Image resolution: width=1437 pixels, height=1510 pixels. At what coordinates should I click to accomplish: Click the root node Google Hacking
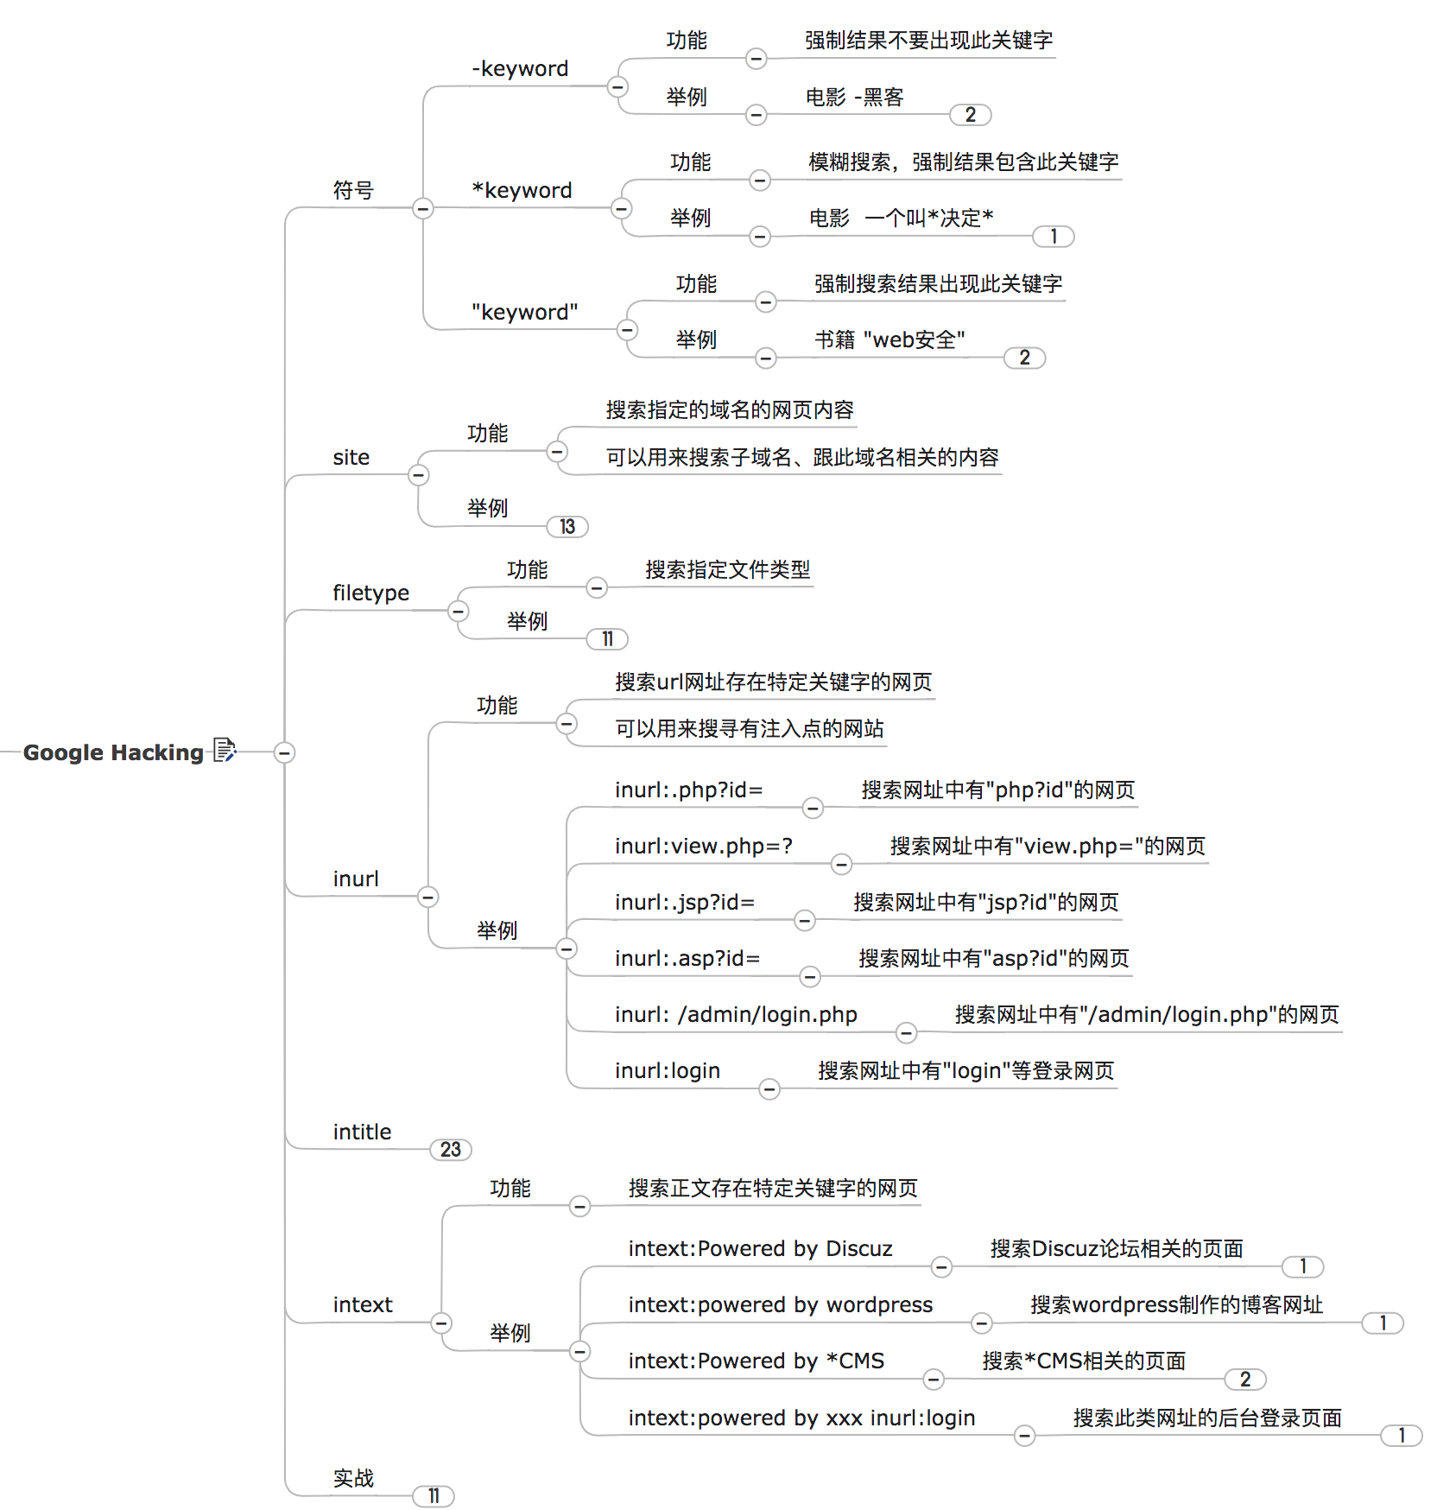[113, 752]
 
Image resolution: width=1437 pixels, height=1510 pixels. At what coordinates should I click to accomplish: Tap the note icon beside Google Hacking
[225, 750]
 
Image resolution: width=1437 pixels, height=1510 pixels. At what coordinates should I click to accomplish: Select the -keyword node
[520, 69]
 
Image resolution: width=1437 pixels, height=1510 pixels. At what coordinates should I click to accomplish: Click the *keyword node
[522, 191]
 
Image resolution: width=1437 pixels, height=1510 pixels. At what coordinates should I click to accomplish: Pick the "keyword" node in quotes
[524, 313]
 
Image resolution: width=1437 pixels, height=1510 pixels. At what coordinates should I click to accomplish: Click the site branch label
[351, 458]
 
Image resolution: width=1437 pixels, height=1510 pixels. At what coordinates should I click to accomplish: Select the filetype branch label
[370, 593]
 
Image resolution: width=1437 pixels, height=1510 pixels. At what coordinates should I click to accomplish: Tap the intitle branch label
[362, 1132]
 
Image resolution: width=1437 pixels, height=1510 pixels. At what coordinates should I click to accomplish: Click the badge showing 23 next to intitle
[450, 1150]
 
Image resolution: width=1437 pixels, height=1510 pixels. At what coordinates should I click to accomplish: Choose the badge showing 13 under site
[567, 527]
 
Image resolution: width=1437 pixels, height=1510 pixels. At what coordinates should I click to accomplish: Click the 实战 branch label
[353, 1479]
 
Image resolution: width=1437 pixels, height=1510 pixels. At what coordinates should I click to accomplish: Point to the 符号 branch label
[353, 191]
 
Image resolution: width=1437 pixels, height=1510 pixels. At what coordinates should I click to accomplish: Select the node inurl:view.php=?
[703, 847]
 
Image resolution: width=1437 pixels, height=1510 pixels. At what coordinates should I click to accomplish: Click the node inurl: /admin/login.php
[736, 1015]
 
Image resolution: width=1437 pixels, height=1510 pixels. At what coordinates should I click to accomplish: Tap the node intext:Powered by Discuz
[760, 1249]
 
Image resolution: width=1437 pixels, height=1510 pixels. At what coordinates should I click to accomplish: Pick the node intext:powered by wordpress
[780, 1305]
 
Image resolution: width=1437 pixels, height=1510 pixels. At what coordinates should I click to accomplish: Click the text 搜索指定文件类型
[727, 570]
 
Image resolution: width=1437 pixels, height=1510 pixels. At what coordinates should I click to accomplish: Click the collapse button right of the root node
[284, 752]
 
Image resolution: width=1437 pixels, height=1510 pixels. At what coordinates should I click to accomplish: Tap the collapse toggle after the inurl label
[427, 897]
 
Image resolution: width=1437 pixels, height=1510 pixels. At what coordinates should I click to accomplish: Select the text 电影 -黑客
[854, 98]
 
